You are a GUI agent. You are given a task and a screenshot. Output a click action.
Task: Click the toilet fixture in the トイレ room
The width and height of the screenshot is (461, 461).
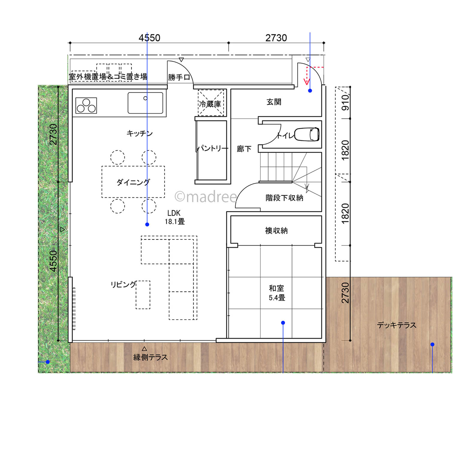pos(307,134)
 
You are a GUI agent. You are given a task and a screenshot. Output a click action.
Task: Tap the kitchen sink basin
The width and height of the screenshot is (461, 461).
pos(145,103)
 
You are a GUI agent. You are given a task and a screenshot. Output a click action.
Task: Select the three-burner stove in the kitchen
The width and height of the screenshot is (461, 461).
pos(86,106)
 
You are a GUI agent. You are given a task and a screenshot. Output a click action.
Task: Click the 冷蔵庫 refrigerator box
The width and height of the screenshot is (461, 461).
pos(211,103)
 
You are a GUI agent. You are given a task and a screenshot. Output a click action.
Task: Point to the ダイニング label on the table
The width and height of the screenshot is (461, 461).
pos(133,182)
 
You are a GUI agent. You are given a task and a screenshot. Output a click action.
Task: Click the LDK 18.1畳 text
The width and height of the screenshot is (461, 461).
pos(174,217)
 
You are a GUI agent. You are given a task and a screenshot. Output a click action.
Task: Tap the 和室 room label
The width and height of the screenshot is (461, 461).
pos(276,288)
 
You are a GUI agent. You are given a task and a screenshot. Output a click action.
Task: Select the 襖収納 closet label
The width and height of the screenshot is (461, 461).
pos(276,230)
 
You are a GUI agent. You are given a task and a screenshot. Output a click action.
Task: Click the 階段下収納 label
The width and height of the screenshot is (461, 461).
pos(284,198)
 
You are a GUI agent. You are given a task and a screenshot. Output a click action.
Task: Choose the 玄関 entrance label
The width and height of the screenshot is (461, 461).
pos(274,102)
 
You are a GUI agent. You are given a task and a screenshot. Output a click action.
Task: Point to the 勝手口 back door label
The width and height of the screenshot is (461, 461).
pos(179,77)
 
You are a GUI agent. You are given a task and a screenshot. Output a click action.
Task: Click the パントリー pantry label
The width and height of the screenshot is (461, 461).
pos(213,148)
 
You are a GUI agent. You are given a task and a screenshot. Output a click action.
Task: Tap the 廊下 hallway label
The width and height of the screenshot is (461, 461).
pos(244,149)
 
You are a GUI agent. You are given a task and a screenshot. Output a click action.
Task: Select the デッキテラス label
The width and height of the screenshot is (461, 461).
pos(397,325)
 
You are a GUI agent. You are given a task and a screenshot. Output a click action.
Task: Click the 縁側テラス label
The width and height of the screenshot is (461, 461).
pos(150,357)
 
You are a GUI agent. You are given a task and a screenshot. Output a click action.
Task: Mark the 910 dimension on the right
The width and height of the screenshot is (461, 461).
pos(345,102)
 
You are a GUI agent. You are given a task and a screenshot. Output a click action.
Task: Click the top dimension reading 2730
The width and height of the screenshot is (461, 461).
pos(276,38)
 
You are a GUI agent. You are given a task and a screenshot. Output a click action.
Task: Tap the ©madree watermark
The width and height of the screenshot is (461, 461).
pos(206,197)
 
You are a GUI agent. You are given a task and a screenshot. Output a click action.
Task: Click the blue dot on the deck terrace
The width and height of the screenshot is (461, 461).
pos(432,344)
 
